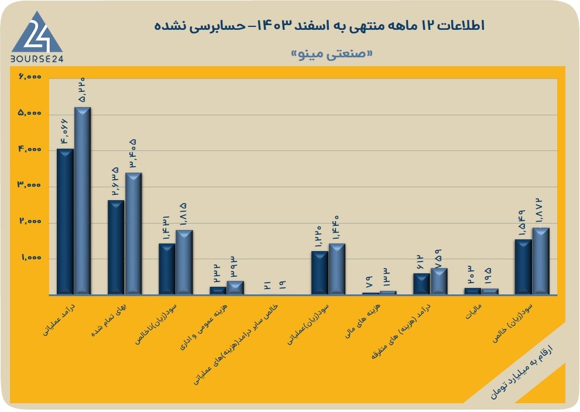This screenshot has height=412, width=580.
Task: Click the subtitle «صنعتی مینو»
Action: [332, 54]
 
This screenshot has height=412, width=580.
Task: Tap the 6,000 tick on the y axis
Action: [30, 77]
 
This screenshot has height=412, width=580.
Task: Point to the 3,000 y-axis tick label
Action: [30, 185]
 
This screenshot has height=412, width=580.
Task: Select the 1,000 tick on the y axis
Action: [31, 257]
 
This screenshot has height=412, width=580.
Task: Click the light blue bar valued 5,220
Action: [83, 201]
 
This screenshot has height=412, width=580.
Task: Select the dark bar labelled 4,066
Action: [65, 222]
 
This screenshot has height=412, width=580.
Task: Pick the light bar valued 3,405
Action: [133, 234]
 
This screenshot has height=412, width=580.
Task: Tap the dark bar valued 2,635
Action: [116, 248]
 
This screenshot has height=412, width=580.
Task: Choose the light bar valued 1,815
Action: [184, 262]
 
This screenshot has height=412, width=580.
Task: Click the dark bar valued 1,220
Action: [320, 273]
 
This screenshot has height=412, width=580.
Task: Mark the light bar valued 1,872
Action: [541, 261]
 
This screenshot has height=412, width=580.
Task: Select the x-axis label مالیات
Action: [473, 312]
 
